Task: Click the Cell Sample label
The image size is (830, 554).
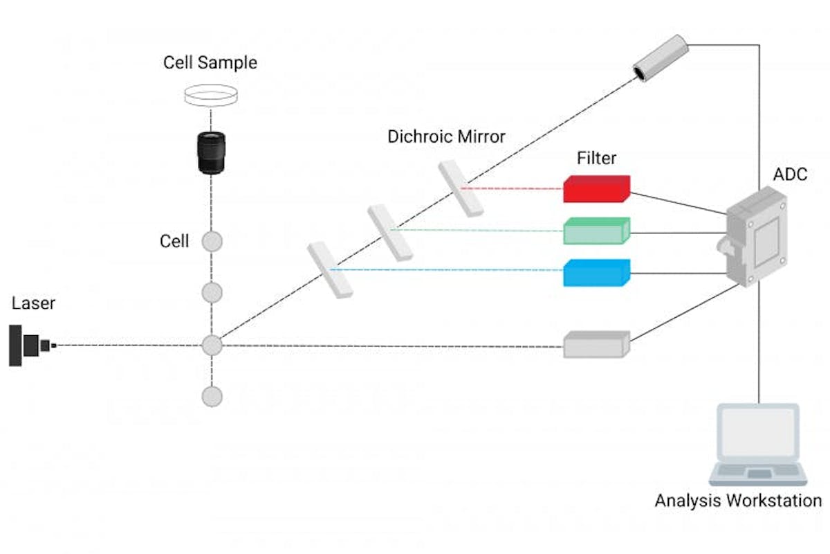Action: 210,63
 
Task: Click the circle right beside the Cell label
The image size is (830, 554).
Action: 212,242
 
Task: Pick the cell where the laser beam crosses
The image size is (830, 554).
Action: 212,345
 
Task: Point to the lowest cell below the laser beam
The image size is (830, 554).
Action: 212,396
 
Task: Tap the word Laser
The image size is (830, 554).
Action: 33,304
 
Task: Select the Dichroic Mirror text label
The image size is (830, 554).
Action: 446,136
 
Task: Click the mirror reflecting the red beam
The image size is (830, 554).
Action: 460,188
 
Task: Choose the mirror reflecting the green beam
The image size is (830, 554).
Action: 390,232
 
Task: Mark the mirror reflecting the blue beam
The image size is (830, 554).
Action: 330,269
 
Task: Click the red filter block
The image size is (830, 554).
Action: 596,189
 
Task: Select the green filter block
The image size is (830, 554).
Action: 596,231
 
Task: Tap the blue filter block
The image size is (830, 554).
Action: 596,273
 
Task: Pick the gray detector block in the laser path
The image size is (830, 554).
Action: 596,344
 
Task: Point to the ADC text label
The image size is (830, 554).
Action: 790,175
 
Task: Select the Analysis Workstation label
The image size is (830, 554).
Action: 738,501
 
